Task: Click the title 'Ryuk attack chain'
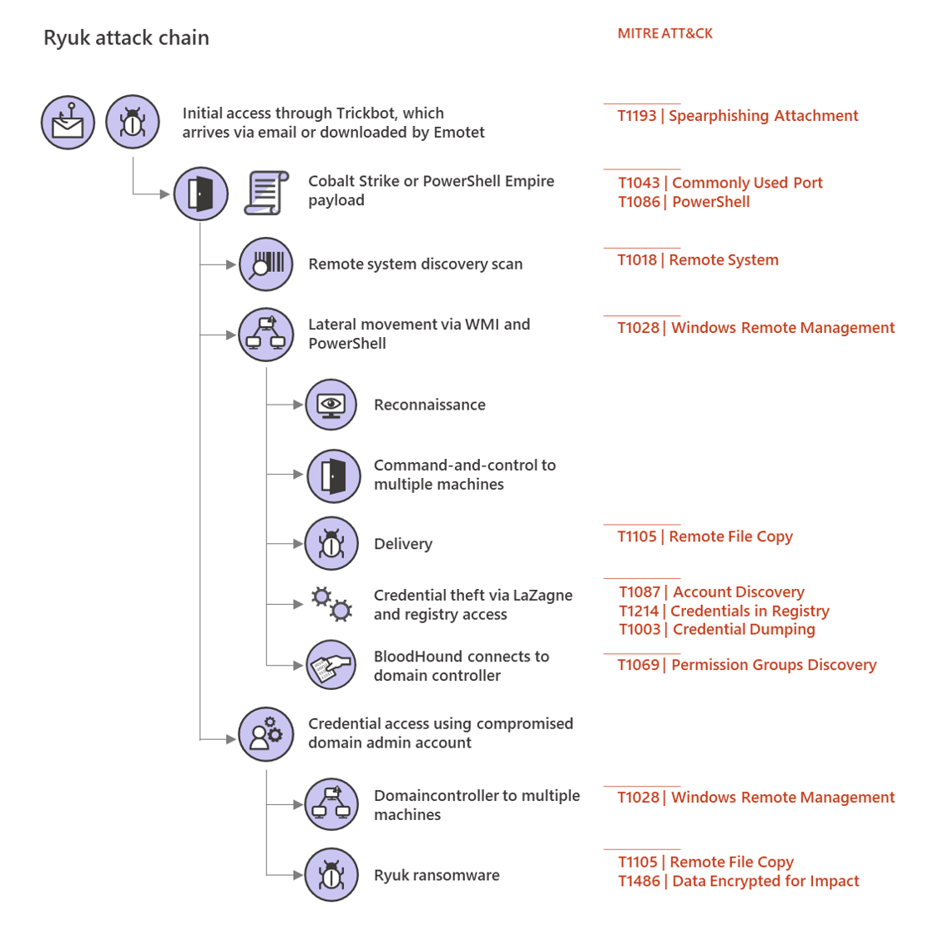(x=126, y=38)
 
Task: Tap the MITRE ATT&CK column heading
(x=664, y=33)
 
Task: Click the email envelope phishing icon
(x=68, y=123)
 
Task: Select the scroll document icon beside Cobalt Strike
(x=266, y=193)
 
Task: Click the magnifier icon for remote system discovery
(x=266, y=264)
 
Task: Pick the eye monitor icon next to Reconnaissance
(x=331, y=405)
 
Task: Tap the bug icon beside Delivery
(x=331, y=544)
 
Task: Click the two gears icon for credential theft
(x=331, y=604)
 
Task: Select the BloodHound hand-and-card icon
(x=331, y=666)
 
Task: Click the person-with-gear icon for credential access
(x=266, y=734)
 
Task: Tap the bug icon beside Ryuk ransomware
(x=331, y=875)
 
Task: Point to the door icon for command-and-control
(x=334, y=476)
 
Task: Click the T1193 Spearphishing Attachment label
(x=738, y=116)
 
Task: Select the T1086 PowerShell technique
(x=684, y=202)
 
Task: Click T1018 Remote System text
(x=698, y=260)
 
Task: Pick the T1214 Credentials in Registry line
(x=724, y=611)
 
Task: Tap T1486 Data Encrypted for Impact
(x=738, y=881)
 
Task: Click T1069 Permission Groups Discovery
(x=746, y=665)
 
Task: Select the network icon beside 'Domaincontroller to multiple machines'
(x=331, y=804)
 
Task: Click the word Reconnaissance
(x=429, y=405)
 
